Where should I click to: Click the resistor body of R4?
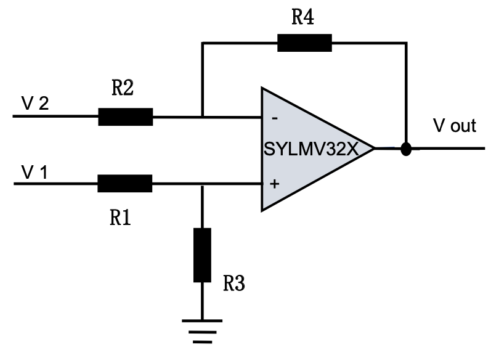pos(304,43)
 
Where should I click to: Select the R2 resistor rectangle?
pos(126,117)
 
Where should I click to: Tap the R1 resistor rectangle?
pos(125,184)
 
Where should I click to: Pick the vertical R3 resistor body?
pos(202,255)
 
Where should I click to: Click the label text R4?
pos(302,17)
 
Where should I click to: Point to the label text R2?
pos(123,89)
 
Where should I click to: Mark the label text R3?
pos(234,284)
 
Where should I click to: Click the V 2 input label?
pos(35,103)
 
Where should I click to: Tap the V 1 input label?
pos(34,171)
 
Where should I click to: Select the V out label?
pos(455,126)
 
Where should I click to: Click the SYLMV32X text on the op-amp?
pos(311,149)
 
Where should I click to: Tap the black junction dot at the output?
pos(405,149)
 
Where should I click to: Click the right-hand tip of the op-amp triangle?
pos(373,149)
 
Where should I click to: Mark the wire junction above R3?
pos(202,184)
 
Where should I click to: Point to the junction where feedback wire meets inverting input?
pos(202,117)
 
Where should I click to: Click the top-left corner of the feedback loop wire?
pos(202,43)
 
